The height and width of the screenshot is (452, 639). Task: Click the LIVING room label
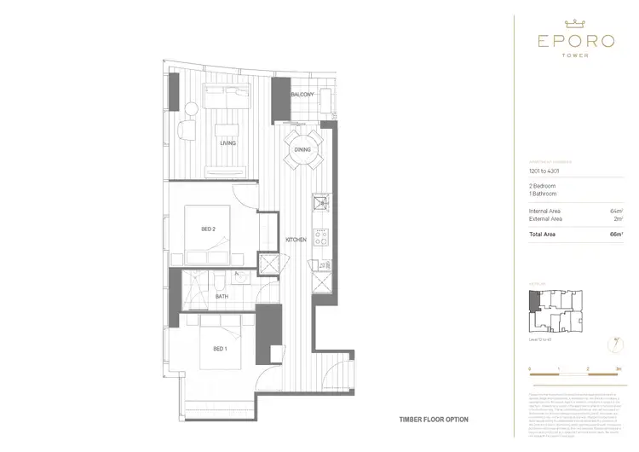click(x=227, y=143)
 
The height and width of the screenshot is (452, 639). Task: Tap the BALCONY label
click(x=302, y=94)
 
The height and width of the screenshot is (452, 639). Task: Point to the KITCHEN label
click(x=296, y=240)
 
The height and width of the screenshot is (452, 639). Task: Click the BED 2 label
click(x=209, y=229)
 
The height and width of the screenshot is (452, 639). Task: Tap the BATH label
click(x=222, y=297)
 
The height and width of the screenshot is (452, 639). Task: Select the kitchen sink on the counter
click(x=320, y=203)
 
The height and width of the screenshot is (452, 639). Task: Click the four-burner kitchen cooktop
click(x=320, y=235)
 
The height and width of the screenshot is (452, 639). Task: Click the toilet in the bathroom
click(x=218, y=280)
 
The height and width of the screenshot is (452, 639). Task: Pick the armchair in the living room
click(x=186, y=132)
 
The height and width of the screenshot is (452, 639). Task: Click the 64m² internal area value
click(x=616, y=210)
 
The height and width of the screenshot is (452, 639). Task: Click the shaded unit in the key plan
click(x=533, y=301)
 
